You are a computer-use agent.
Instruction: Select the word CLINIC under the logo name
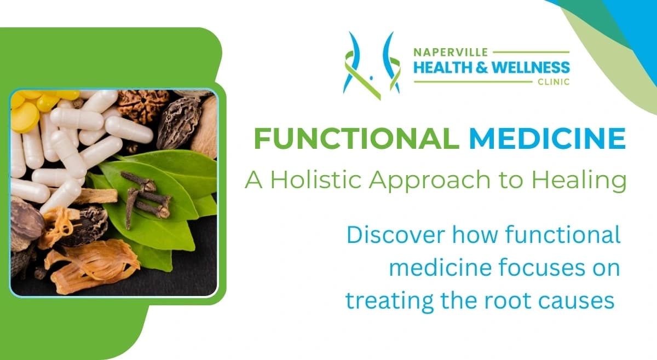[x=554, y=82]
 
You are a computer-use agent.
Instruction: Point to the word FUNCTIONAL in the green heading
[x=356, y=139]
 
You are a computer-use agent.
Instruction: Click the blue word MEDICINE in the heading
[x=547, y=139]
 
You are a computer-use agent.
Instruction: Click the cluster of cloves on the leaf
[x=145, y=200]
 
